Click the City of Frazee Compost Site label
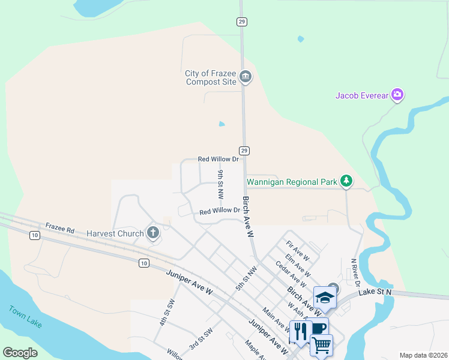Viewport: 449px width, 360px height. [x=211, y=77]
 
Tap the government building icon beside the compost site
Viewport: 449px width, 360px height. [x=245, y=77]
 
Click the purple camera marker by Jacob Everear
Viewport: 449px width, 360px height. [x=397, y=95]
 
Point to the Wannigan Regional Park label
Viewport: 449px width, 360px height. [x=292, y=181]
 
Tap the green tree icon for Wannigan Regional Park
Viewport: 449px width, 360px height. [x=346, y=180]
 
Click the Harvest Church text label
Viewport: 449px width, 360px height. [x=115, y=233]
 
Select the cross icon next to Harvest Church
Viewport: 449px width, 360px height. [x=152, y=233]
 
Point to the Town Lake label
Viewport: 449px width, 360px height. [x=26, y=317]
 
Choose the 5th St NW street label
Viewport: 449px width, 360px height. [x=242, y=279]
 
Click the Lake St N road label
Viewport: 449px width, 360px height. [x=375, y=292]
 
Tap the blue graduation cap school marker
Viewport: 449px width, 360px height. [x=325, y=298]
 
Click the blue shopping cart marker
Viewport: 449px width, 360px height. [x=321, y=344]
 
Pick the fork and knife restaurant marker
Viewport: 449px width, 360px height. [x=300, y=331]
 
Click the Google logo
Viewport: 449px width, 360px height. [x=20, y=353]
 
